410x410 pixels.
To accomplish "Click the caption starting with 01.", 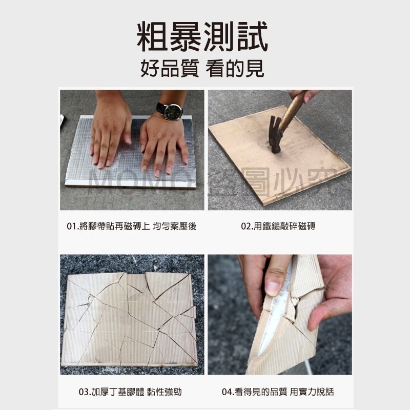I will (x=132, y=225).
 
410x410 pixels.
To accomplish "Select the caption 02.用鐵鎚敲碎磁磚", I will (x=278, y=225).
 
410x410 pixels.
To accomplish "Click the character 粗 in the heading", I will (x=154, y=36).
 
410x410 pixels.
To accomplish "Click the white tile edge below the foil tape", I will (x=128, y=183).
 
